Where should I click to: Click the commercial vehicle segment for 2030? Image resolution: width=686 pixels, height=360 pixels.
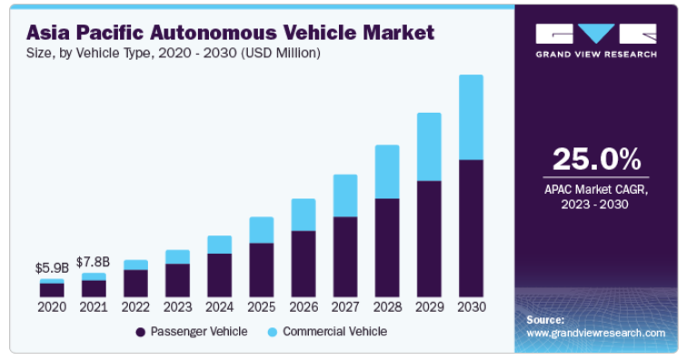[x=472, y=117]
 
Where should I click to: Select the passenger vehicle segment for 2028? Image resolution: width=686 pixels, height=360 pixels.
[x=387, y=248]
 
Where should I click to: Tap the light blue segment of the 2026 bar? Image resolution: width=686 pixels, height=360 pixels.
[x=303, y=215]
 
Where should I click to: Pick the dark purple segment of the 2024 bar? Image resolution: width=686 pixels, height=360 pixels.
[x=219, y=275]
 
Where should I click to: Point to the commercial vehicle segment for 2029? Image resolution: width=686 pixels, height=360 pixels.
[x=429, y=146]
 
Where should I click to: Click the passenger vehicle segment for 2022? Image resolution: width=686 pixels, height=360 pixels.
[x=135, y=284]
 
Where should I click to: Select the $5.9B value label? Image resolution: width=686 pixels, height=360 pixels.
[x=52, y=268]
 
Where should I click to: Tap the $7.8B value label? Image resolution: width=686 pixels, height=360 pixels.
[x=94, y=263]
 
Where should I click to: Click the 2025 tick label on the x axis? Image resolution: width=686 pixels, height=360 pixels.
[x=262, y=307]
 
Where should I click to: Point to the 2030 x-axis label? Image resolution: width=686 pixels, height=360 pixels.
[x=472, y=307]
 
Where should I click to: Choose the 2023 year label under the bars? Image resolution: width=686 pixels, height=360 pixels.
[x=177, y=307]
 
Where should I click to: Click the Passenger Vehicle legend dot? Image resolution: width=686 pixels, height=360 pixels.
[x=141, y=333]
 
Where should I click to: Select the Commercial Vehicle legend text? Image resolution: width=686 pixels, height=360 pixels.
[x=334, y=332]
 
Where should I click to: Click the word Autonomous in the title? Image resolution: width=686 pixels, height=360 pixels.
[x=214, y=33]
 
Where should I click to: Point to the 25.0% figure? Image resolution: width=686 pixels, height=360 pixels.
[x=597, y=159]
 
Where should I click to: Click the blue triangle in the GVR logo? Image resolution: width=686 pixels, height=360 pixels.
[x=596, y=34]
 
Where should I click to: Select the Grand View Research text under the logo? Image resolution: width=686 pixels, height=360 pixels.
[x=596, y=55]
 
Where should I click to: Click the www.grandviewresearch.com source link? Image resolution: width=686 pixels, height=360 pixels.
[x=596, y=334]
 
